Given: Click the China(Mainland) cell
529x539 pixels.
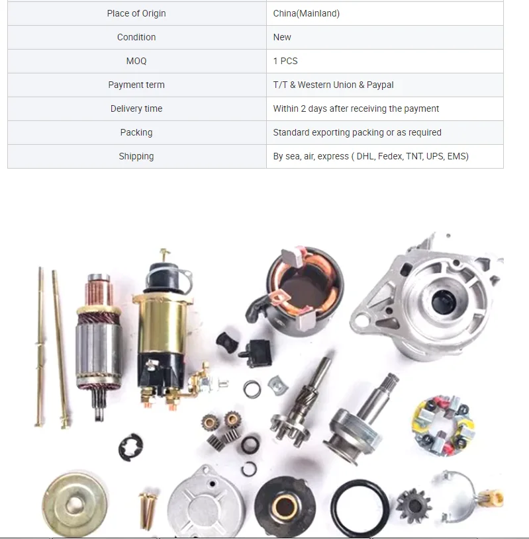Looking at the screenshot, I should tap(306, 13).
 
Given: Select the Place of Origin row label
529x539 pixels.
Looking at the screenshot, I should tap(136, 13).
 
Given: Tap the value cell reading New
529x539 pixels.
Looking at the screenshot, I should tap(282, 37).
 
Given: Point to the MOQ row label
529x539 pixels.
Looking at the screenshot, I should tap(136, 61).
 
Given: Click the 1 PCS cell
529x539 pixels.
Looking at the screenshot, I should tap(285, 61).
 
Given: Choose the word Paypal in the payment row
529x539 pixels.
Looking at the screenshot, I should tap(380, 85).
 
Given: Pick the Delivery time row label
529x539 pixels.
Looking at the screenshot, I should tap(136, 108).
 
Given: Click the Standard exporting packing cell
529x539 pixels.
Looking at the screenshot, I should tap(357, 132).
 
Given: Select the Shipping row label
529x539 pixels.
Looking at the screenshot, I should tap(136, 156).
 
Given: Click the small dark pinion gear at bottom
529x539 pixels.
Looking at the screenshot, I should tap(414, 506).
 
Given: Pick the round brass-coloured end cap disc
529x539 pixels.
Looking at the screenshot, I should tap(74, 505).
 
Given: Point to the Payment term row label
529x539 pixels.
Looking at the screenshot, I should tap(136, 85).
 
